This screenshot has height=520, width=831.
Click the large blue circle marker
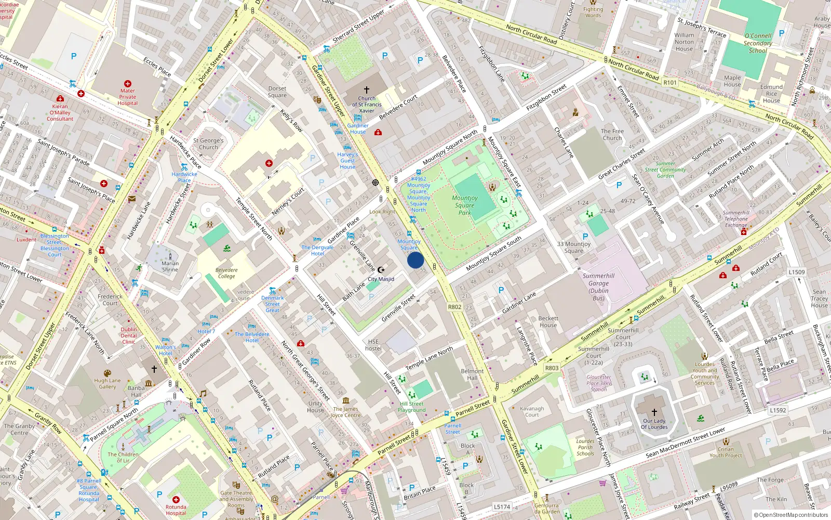click(415, 260)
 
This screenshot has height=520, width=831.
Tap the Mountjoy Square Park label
click(465, 205)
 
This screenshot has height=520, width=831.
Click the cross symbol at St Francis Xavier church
click(367, 90)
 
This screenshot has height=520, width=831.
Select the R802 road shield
click(454, 307)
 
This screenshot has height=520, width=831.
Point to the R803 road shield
click(552, 368)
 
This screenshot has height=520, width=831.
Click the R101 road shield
click(670, 83)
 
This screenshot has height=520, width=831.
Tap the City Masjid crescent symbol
click(381, 270)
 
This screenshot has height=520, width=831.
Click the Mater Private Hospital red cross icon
click(128, 84)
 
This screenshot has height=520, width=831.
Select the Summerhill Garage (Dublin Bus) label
click(598, 287)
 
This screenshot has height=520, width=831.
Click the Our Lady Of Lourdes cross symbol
click(654, 412)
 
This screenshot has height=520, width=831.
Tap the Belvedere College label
click(226, 273)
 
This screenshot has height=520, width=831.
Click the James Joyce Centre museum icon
click(346, 400)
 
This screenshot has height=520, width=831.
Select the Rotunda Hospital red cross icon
click(176, 499)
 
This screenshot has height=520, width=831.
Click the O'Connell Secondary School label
click(758, 43)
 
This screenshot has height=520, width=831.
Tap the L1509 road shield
click(796, 272)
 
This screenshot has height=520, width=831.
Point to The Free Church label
click(612, 135)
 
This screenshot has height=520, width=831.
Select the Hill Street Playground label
click(412, 407)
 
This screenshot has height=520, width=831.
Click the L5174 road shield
click(502, 506)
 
